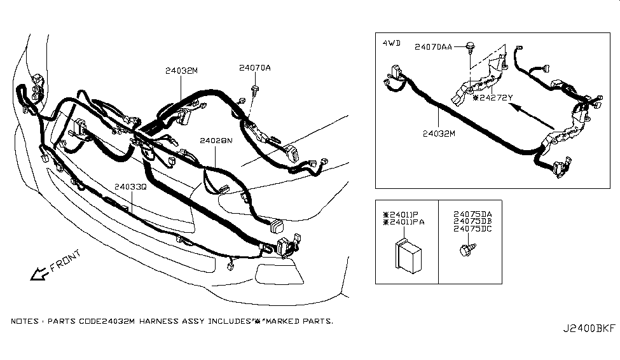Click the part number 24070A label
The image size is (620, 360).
tap(255, 67)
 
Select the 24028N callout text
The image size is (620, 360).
tap(215, 140)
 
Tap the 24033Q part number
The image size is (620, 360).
tap(130, 187)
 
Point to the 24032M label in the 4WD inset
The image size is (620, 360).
tap(439, 134)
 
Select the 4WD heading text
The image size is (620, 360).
tap(391, 43)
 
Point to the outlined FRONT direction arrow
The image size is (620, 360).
tap(39, 274)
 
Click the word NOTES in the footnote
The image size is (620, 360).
tap(25, 322)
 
